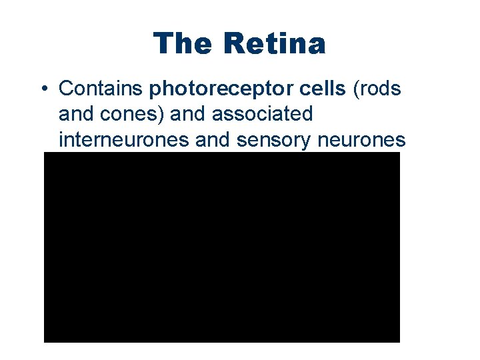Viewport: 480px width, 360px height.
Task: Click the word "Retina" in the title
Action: coord(275,44)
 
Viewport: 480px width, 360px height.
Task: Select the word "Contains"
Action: coord(101,89)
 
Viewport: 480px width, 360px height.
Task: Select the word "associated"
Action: coord(261,115)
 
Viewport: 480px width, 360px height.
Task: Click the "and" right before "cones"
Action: coord(74,115)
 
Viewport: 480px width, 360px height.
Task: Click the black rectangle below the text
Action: coord(221,247)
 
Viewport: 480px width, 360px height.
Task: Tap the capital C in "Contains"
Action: coord(65,89)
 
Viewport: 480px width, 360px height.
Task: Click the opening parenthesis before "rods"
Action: coord(355,89)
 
